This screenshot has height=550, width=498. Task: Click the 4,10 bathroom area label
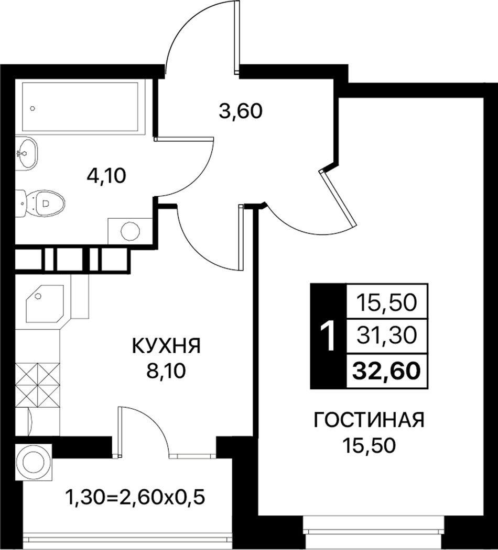point(106,176)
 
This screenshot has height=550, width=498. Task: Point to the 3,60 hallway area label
point(241,111)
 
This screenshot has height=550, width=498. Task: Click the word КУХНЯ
point(166,346)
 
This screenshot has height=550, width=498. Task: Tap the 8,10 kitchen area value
point(166,371)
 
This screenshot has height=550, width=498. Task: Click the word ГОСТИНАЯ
point(369,420)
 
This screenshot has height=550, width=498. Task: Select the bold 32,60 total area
point(386,371)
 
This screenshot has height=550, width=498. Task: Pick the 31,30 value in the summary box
point(386,335)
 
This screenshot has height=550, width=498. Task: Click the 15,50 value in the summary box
point(386,302)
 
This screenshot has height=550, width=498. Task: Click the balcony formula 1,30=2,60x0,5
point(135,497)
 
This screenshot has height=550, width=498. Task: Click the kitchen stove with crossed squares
point(38,385)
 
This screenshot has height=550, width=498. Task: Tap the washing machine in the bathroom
point(130,231)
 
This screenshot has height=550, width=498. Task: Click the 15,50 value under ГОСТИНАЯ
point(369,446)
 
